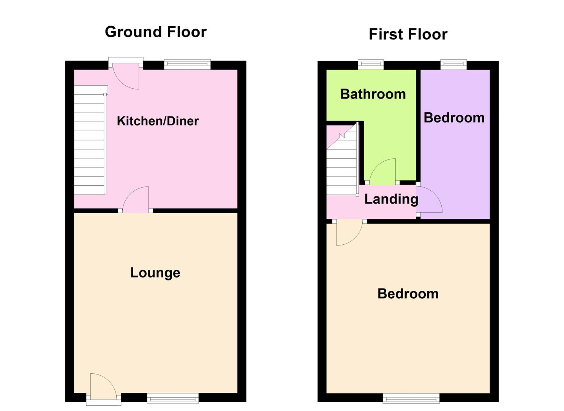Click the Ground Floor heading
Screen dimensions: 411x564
tap(156, 32)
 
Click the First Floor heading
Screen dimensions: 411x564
tap(408, 34)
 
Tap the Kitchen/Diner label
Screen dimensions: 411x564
tap(158, 121)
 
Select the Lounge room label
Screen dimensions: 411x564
tap(155, 272)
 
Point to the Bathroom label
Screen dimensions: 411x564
tap(373, 94)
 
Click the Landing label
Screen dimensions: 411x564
tap(391, 199)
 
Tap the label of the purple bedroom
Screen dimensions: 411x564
tap(454, 118)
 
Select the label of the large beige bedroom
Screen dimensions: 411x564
tap(408, 293)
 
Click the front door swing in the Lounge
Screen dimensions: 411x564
tap(102, 386)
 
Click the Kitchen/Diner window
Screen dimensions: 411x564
tap(187, 65)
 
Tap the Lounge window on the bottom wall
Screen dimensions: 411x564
tap(173, 398)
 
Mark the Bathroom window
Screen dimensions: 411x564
tap(371, 65)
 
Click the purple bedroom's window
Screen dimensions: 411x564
tap(453, 65)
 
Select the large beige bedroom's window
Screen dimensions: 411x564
tap(411, 398)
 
